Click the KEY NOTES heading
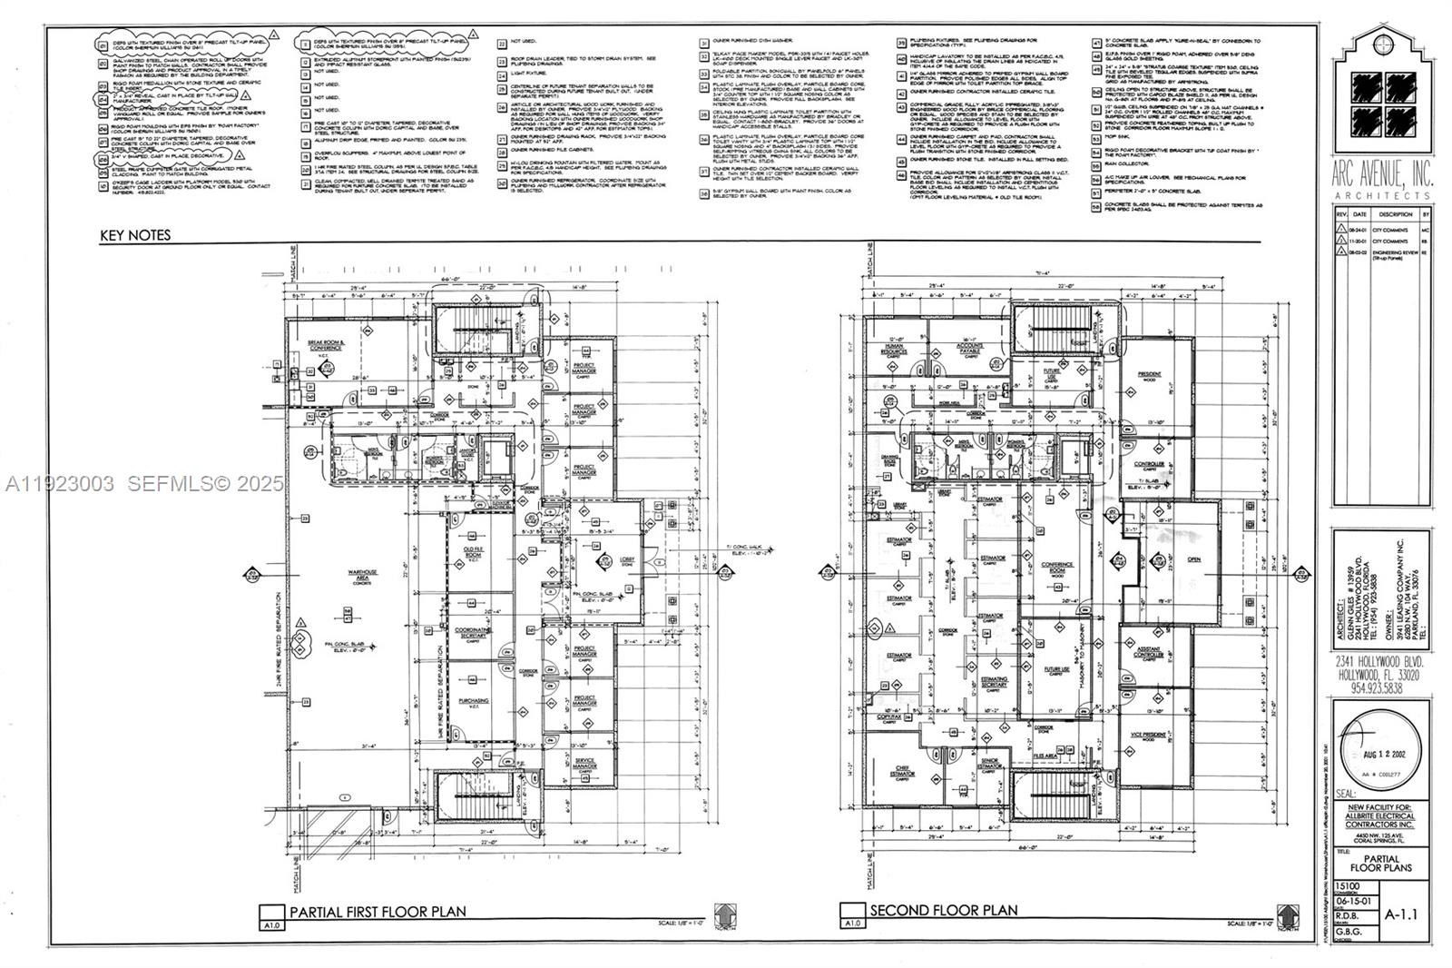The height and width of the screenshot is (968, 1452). [x=135, y=235]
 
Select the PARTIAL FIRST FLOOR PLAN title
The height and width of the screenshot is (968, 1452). [x=377, y=912]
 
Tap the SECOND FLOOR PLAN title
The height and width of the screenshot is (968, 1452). [x=944, y=910]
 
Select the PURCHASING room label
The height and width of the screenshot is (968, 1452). [x=473, y=701]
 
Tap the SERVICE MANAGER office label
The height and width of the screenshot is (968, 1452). [x=584, y=763]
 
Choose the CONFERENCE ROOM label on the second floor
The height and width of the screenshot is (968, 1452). [x=1056, y=567]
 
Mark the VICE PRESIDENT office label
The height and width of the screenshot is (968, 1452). [x=1148, y=735]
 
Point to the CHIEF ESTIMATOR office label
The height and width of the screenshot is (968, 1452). [x=902, y=771]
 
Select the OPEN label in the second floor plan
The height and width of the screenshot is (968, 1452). [x=1193, y=559]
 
